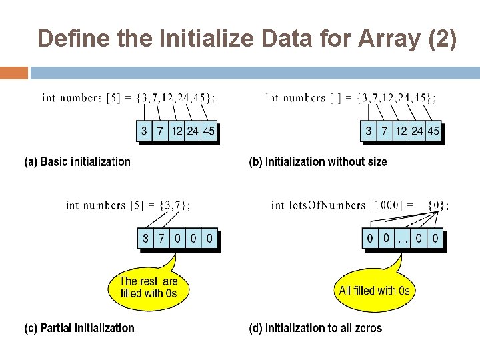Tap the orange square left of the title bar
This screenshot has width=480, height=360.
click(x=14, y=72)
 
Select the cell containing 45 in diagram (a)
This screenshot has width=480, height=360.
click(x=208, y=131)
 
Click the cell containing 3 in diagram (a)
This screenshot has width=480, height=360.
click(x=144, y=131)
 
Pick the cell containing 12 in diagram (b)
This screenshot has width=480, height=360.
click(x=400, y=131)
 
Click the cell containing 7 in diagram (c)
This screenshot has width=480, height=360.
click(x=161, y=238)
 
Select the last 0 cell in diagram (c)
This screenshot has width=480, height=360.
click(x=209, y=238)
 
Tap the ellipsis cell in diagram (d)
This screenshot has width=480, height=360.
click(x=403, y=238)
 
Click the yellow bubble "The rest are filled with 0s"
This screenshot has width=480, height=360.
click(x=149, y=287)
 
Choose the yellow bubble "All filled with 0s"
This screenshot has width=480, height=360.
click(x=374, y=291)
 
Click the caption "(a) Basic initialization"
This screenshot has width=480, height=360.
click(x=77, y=162)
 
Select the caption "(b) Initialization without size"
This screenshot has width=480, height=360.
click(x=318, y=162)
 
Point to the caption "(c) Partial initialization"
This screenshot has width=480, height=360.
click(x=79, y=328)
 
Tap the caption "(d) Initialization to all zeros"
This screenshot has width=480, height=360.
click(x=315, y=328)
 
